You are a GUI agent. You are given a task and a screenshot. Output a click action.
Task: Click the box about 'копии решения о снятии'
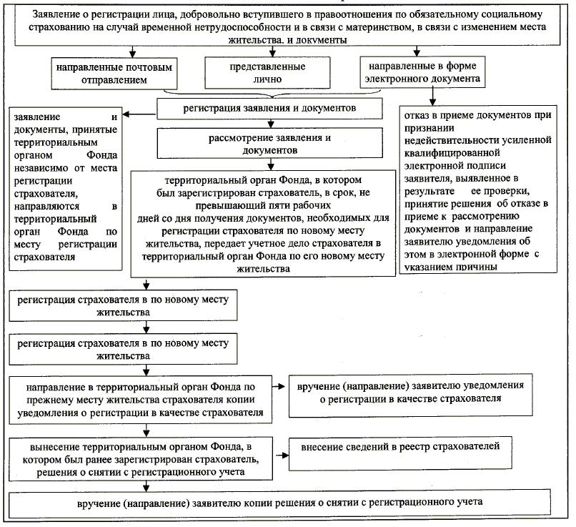(x=282, y=502)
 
